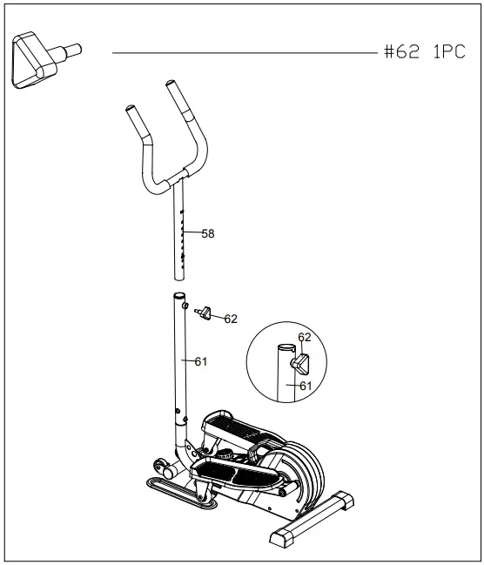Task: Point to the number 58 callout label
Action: pos(207,233)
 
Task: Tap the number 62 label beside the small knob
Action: pos(231,319)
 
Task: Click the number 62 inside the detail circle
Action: pos(305,337)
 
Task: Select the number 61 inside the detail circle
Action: pos(306,385)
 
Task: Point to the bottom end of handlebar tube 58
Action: pos(181,276)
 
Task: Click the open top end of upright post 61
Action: pos(181,298)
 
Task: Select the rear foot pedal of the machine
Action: pos(232,426)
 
